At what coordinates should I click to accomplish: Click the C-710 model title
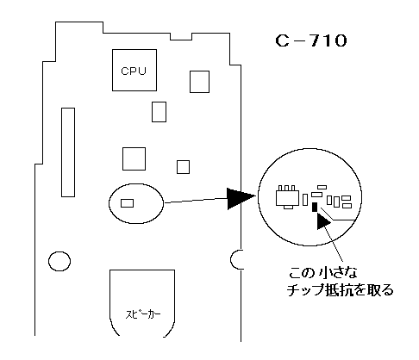(311, 40)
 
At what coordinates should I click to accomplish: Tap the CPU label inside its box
(134, 71)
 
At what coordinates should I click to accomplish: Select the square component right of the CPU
(199, 82)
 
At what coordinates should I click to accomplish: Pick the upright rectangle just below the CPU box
(159, 112)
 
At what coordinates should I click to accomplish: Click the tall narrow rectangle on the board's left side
(68, 152)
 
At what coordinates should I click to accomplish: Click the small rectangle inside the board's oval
(127, 203)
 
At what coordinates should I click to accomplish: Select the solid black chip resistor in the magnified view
(315, 207)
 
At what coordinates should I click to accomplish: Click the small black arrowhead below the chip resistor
(323, 221)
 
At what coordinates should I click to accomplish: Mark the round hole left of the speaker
(59, 261)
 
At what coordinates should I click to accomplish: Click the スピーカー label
(143, 314)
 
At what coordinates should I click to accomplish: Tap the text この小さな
(323, 272)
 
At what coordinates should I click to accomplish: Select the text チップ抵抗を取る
(341, 290)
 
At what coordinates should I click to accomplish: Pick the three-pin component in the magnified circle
(287, 197)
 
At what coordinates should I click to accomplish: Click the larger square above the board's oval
(134, 158)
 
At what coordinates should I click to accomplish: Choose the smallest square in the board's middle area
(183, 167)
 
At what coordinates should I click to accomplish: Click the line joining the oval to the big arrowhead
(196, 201)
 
